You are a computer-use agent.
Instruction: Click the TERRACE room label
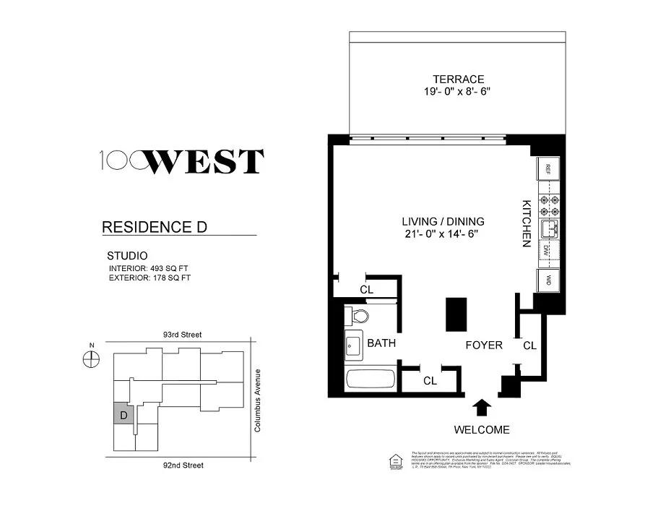(x=458, y=79)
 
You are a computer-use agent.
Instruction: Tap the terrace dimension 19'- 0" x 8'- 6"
(x=458, y=92)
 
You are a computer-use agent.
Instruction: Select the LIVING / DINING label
(x=443, y=221)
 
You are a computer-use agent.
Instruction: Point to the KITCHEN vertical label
(x=527, y=223)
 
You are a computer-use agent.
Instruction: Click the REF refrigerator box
(x=548, y=169)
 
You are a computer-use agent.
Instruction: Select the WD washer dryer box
(x=548, y=279)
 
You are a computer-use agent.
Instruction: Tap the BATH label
(x=381, y=343)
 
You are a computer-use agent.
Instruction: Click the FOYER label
(x=483, y=345)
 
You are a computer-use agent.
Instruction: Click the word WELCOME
(x=482, y=430)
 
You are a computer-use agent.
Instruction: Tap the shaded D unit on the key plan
(x=124, y=416)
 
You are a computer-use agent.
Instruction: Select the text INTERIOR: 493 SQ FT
(x=149, y=268)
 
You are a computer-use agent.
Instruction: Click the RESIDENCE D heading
(x=155, y=227)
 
